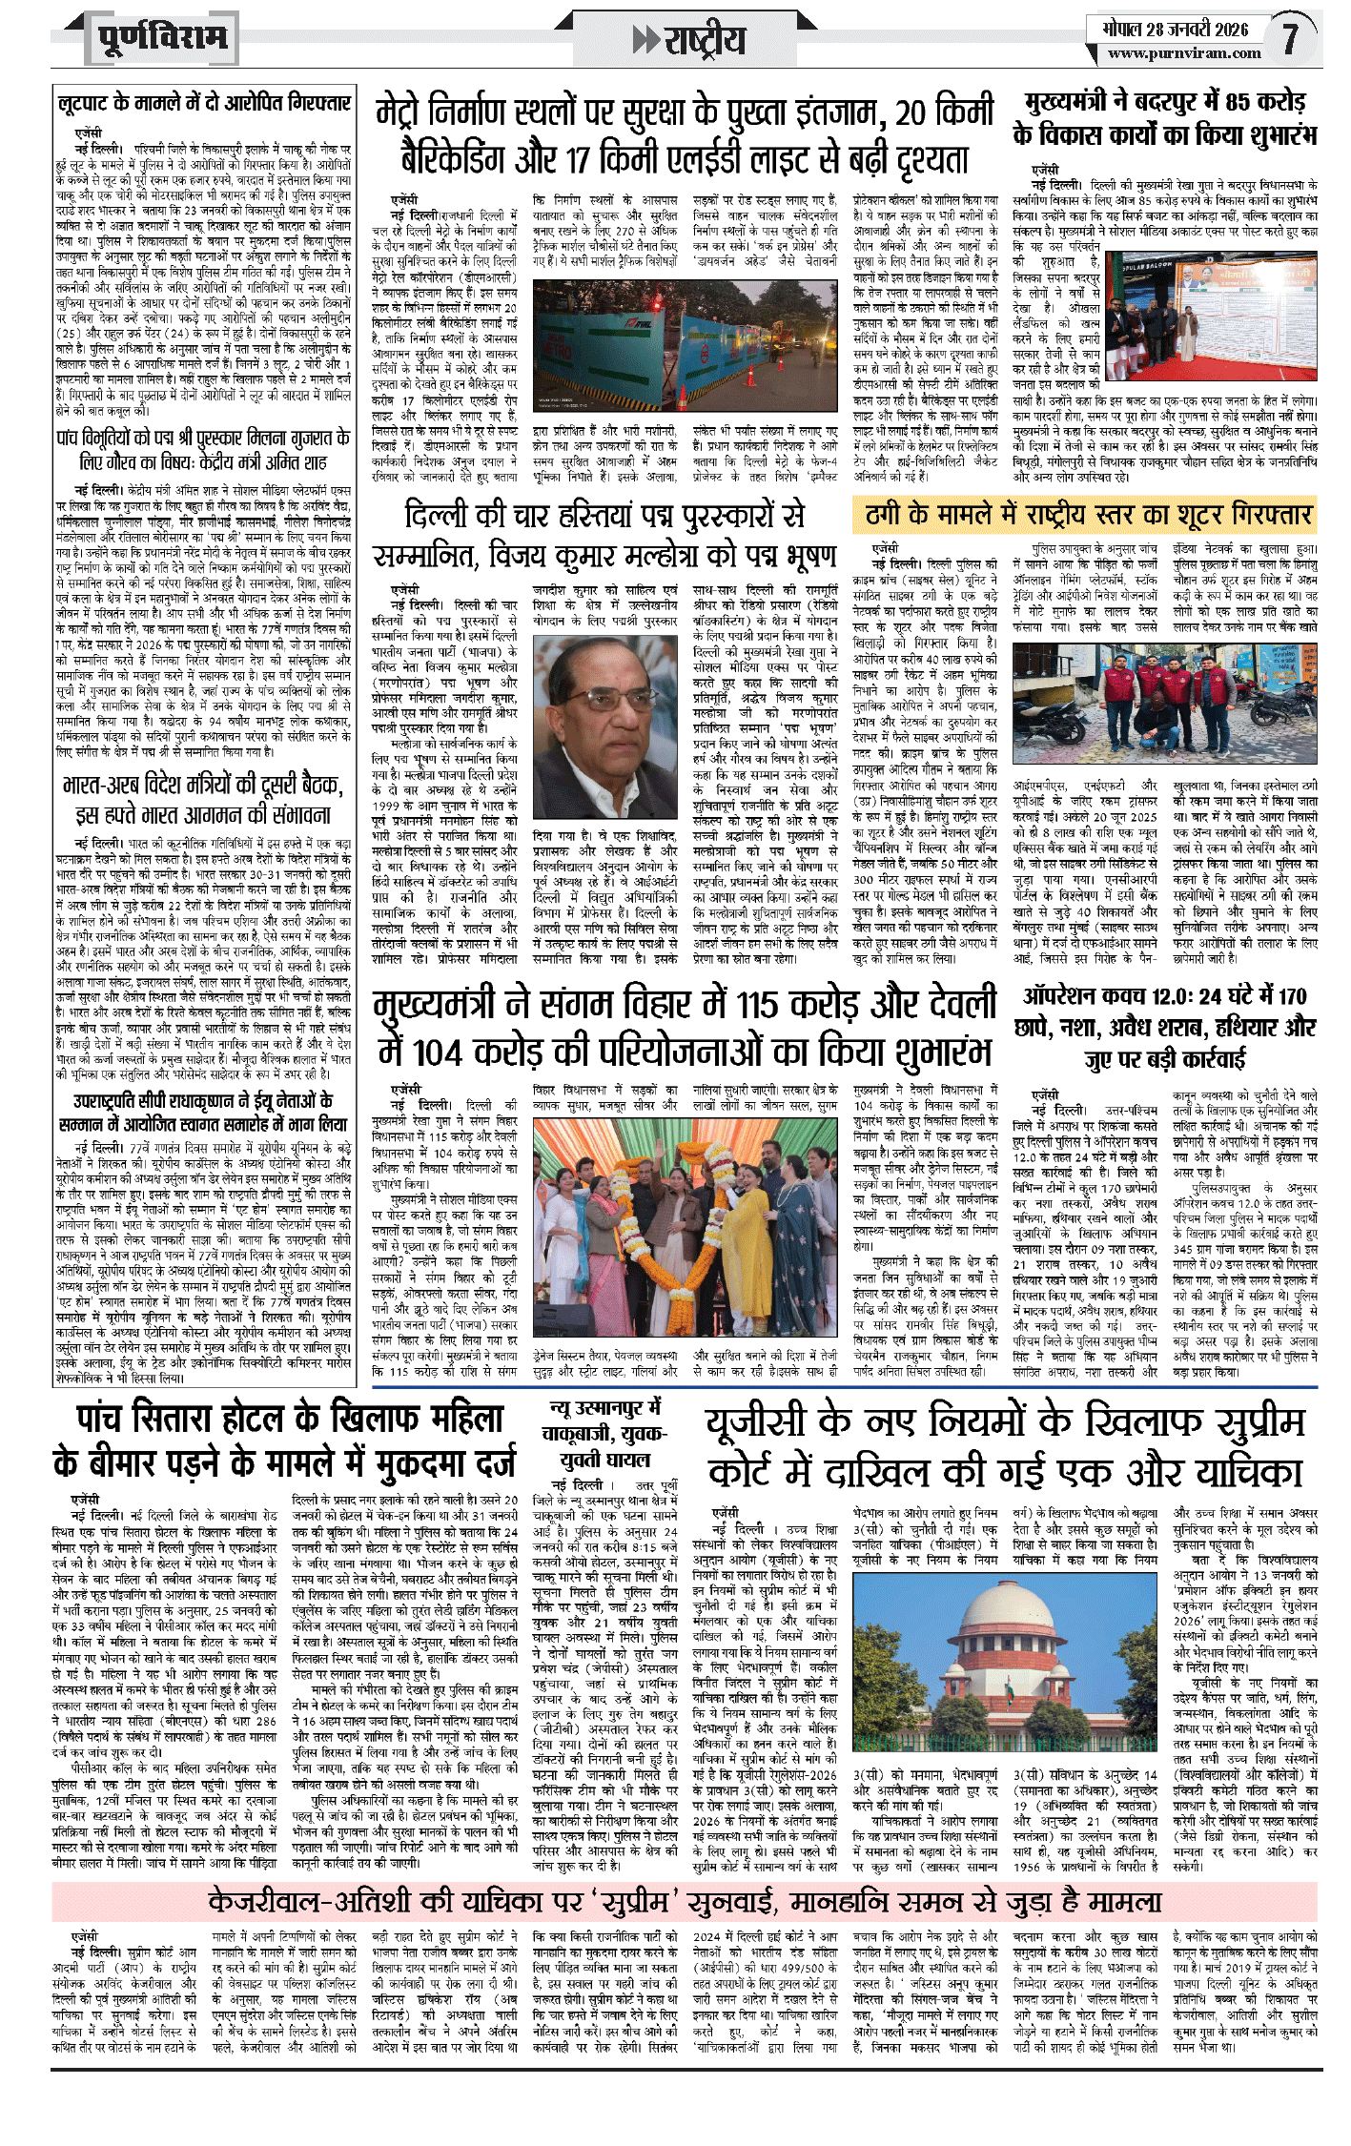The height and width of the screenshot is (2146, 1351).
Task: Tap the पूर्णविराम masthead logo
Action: pos(163,38)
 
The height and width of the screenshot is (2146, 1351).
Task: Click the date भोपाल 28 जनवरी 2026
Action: pos(1175,29)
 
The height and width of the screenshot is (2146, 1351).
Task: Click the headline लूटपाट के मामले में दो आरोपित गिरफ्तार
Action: pos(203,103)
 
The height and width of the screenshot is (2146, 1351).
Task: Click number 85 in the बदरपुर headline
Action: pos(1238,101)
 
